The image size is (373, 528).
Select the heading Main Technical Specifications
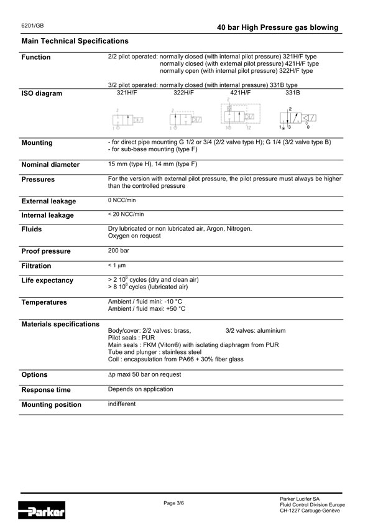coord(75,41)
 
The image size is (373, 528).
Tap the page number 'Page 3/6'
coord(174,503)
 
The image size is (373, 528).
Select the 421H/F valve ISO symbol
coord(240,116)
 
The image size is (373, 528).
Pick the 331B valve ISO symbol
coord(296,118)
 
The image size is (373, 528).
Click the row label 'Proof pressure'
coord(46,251)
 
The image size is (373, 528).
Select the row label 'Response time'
coord(46,390)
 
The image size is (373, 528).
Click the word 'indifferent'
coord(122,404)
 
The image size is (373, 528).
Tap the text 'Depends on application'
coord(140,389)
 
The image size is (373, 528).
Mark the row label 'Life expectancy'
coord(47,280)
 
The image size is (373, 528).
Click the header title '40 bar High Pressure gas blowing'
coord(278,27)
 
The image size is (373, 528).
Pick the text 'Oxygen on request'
coord(134,236)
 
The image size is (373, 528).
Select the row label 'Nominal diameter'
coord(50,165)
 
